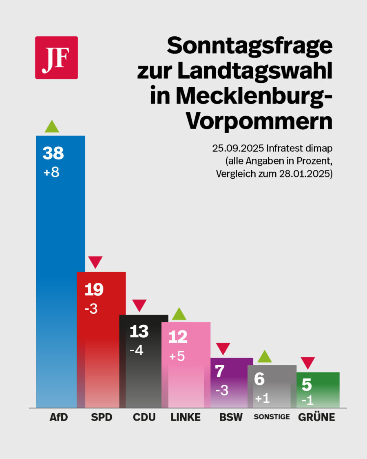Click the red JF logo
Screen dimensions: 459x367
[x=56, y=58]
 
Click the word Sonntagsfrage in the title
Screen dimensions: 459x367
[x=250, y=46]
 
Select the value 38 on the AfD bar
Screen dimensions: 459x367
[x=53, y=153]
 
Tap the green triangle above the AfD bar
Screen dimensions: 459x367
[x=52, y=127]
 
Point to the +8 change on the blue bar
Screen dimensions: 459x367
[x=51, y=172]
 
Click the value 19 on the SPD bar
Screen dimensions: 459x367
[x=94, y=290]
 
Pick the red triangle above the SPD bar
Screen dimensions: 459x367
[x=95, y=262]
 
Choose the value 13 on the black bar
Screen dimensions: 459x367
[x=139, y=332]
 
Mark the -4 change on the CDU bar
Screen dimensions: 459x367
[x=136, y=350]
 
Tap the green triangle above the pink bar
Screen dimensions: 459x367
[x=179, y=314]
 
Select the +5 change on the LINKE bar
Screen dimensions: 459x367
[x=177, y=356]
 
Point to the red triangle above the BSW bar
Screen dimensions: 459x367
[x=223, y=349]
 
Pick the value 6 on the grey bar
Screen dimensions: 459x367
[x=259, y=379]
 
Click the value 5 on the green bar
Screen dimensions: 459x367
[x=307, y=385]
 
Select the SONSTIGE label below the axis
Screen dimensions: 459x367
[x=272, y=417]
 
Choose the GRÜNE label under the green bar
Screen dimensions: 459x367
[x=316, y=417]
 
